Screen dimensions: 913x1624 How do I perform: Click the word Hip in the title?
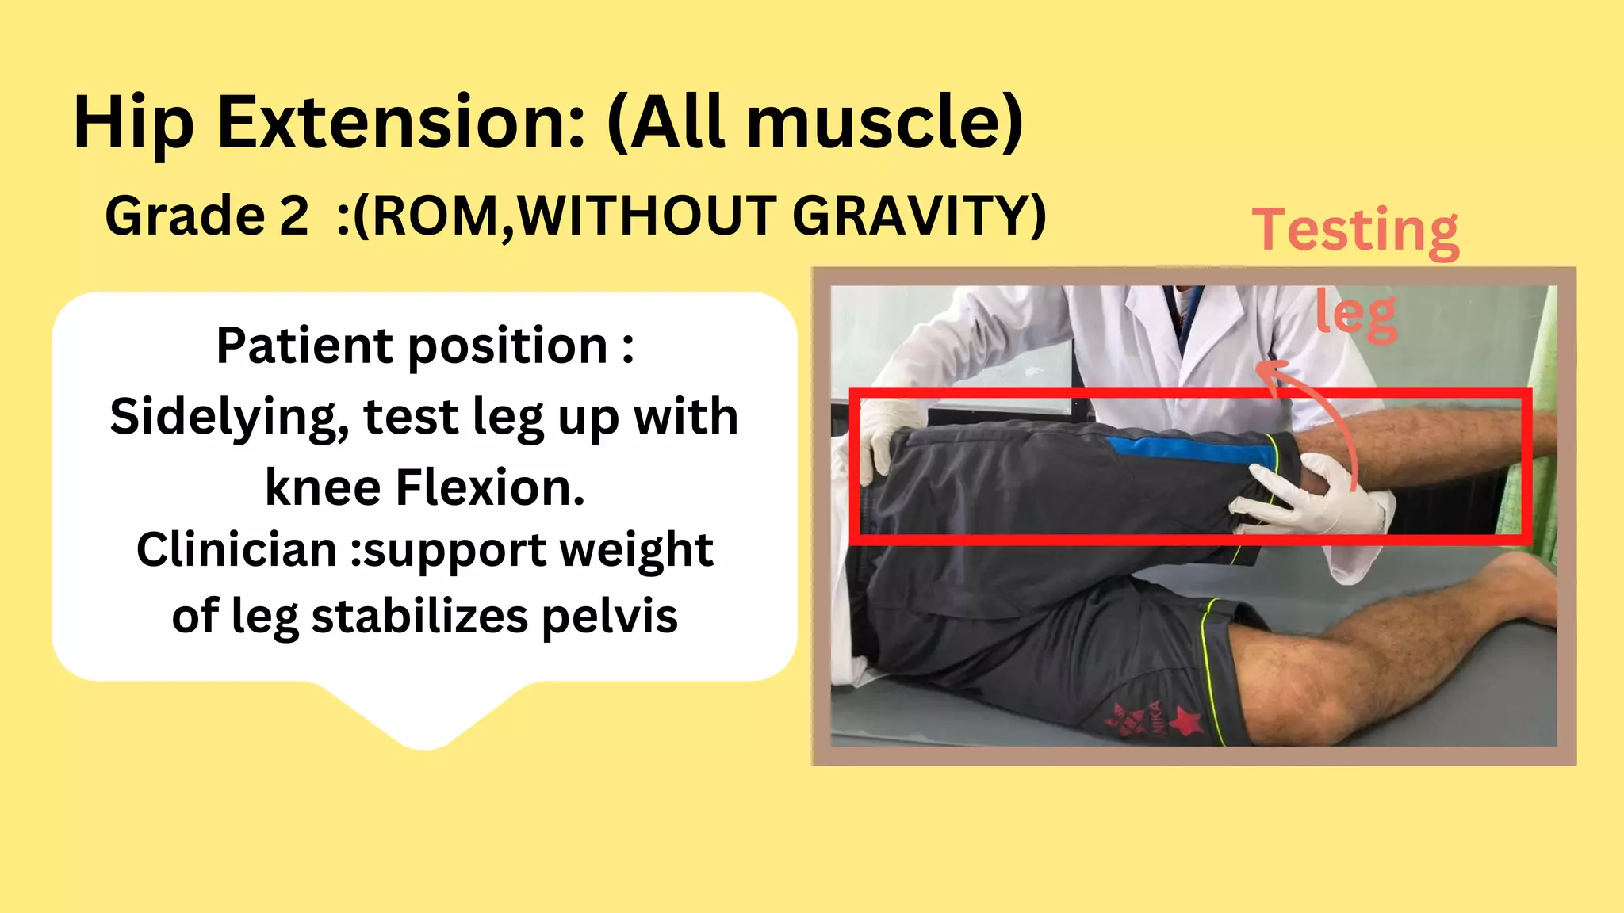point(133,123)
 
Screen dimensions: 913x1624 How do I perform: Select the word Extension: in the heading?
point(401,123)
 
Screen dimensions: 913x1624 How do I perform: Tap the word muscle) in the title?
point(885,123)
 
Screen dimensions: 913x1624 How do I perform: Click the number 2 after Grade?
point(293,216)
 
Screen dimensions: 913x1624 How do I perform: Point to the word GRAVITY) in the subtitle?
point(920,216)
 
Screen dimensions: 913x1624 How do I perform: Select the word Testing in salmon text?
point(1355,230)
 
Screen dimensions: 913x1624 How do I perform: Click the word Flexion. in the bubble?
point(490,487)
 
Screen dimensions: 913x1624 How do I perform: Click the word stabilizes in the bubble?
point(419,616)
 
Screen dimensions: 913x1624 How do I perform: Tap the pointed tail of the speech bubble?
point(425,733)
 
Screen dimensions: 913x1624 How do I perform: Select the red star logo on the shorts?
point(1185,722)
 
